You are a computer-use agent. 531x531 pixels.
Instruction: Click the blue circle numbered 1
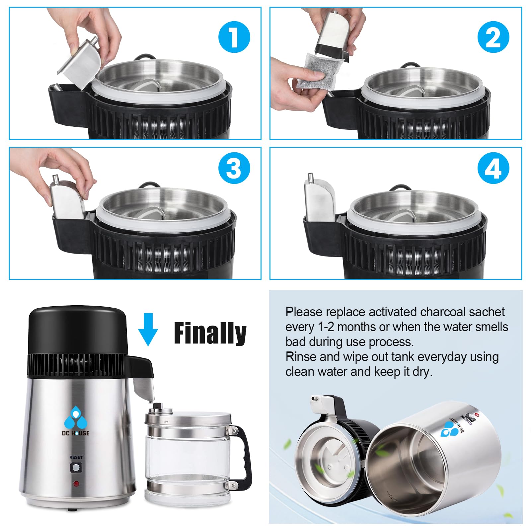click(234, 37)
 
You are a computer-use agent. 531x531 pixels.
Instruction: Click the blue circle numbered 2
click(493, 37)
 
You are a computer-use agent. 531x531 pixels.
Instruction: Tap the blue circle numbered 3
click(234, 168)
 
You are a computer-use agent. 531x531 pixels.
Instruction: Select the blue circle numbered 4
click(493, 168)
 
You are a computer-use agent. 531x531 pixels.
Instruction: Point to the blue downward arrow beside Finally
click(148, 329)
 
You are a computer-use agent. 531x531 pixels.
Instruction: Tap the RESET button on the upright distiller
click(76, 468)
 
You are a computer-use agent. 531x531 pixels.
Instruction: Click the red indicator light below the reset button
click(76, 484)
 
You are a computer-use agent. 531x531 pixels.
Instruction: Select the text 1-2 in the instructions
click(326, 327)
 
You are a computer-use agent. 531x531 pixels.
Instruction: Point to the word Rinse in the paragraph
click(301, 357)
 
